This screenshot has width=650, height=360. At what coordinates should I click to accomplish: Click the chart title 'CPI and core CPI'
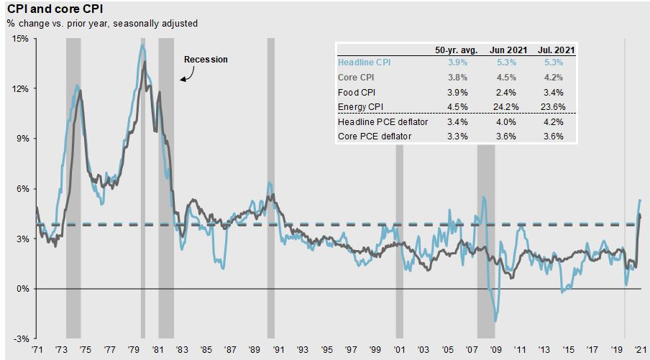coord(55,9)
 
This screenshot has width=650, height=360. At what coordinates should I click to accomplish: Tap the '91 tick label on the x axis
coord(278,350)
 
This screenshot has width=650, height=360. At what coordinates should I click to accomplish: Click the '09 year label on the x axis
coord(495,350)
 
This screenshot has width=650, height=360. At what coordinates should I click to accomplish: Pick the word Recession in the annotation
coord(206,59)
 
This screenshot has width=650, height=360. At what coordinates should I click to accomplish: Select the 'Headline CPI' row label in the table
coord(364,62)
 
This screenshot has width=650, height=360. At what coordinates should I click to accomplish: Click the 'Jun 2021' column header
coord(508,50)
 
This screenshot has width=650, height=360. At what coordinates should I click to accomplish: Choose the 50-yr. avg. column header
coord(456,50)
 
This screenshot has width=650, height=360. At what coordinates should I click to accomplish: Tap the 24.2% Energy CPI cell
coord(505,107)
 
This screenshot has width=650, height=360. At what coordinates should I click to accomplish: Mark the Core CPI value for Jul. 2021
coord(554,78)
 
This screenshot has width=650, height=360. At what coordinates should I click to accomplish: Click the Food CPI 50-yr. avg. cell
coord(457,93)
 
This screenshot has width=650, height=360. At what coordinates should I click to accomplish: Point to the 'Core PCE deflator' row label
coord(375,137)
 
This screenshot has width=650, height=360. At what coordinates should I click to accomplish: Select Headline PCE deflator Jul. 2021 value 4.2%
coord(554,121)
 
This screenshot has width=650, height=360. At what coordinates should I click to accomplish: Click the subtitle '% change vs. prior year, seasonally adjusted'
coord(102,24)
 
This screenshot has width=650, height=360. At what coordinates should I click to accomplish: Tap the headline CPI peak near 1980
coord(142,45)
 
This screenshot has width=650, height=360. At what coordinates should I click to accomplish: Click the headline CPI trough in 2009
coord(495,321)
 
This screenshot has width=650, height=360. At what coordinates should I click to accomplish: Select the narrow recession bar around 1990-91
coord(270,188)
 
